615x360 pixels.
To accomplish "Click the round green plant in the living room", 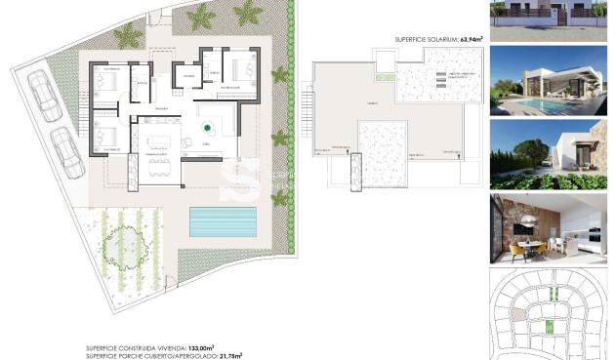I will pos(208,127).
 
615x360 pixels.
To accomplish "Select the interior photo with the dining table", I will pos(550,229).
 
